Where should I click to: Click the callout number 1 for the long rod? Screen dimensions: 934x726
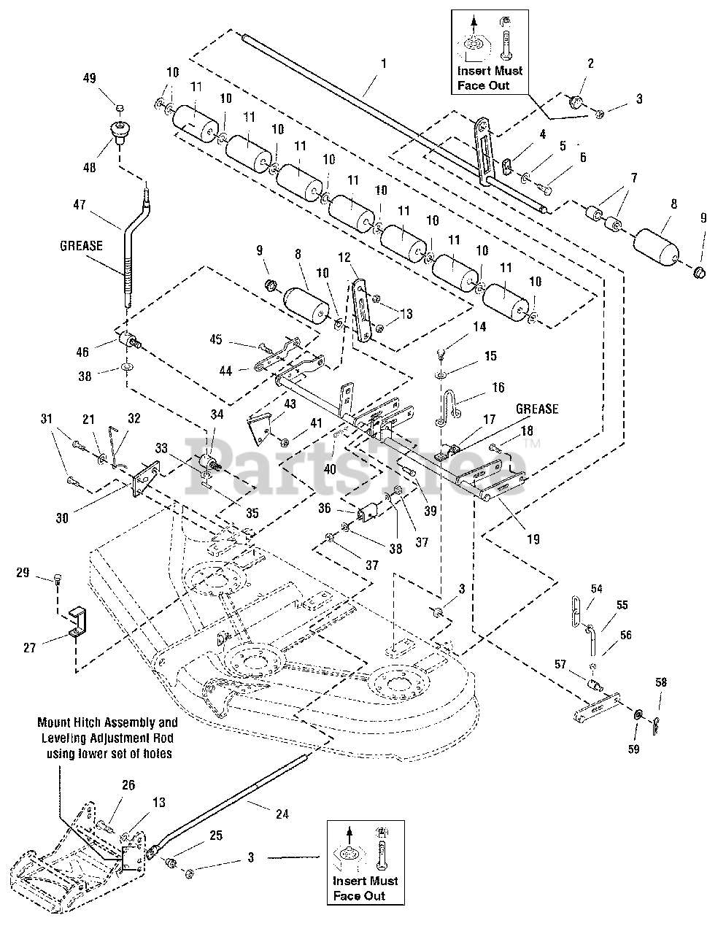tap(384, 63)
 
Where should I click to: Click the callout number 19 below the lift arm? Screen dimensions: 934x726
tap(533, 539)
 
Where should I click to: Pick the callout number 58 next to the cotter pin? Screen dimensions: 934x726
tap(660, 682)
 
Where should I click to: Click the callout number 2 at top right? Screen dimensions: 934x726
tap(590, 63)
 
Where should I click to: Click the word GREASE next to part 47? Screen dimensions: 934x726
tap(81, 246)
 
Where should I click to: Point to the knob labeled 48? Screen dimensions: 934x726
tap(120, 132)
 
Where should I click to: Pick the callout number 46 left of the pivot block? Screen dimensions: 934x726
tap(82, 352)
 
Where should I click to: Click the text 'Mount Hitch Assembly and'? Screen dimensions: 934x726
tap(107, 723)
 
